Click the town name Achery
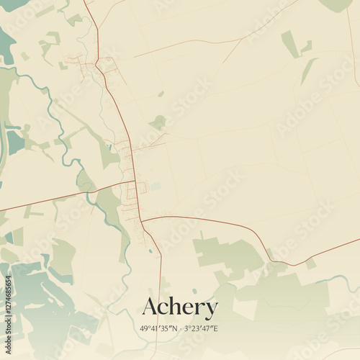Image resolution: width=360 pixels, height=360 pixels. (x=180, y=307)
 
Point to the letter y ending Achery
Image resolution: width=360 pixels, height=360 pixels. (x=210, y=310)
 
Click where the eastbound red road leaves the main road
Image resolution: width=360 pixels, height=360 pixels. (x=142, y=219)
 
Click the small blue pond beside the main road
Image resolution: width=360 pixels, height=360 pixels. (x=150, y=251)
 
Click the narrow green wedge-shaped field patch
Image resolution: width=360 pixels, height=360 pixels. (x=308, y=71)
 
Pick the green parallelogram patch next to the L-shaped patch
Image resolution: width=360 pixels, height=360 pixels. (x=289, y=43)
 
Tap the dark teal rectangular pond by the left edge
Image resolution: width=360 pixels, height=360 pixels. (x=14, y=140)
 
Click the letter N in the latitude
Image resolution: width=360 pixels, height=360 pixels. (x=175, y=328)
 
